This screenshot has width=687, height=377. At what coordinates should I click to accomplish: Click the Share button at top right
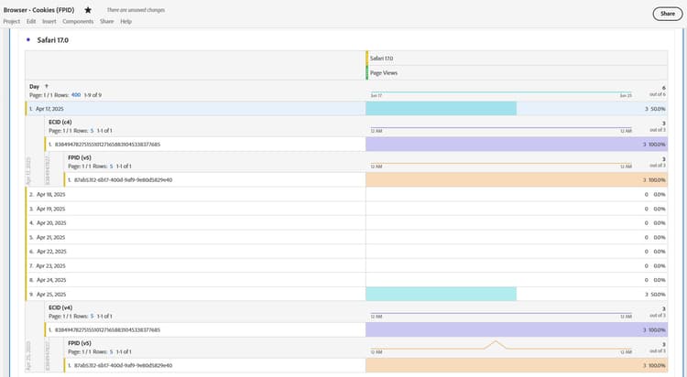tap(665, 14)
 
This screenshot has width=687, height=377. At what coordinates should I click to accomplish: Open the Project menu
tap(12, 21)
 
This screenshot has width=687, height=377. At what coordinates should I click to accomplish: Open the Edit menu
tap(31, 21)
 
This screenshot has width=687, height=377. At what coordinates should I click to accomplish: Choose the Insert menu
tap(49, 21)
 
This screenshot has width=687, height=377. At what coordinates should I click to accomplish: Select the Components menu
tap(78, 21)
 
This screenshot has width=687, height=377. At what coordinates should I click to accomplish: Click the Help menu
tap(125, 21)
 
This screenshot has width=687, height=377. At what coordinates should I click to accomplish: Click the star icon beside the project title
tap(88, 9)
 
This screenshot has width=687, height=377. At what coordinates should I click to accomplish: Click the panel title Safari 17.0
tap(53, 40)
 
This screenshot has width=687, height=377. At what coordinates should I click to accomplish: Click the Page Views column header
tap(384, 72)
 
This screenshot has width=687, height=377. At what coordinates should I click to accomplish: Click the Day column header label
tap(35, 86)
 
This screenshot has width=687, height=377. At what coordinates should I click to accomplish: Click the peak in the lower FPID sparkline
tap(496, 342)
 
